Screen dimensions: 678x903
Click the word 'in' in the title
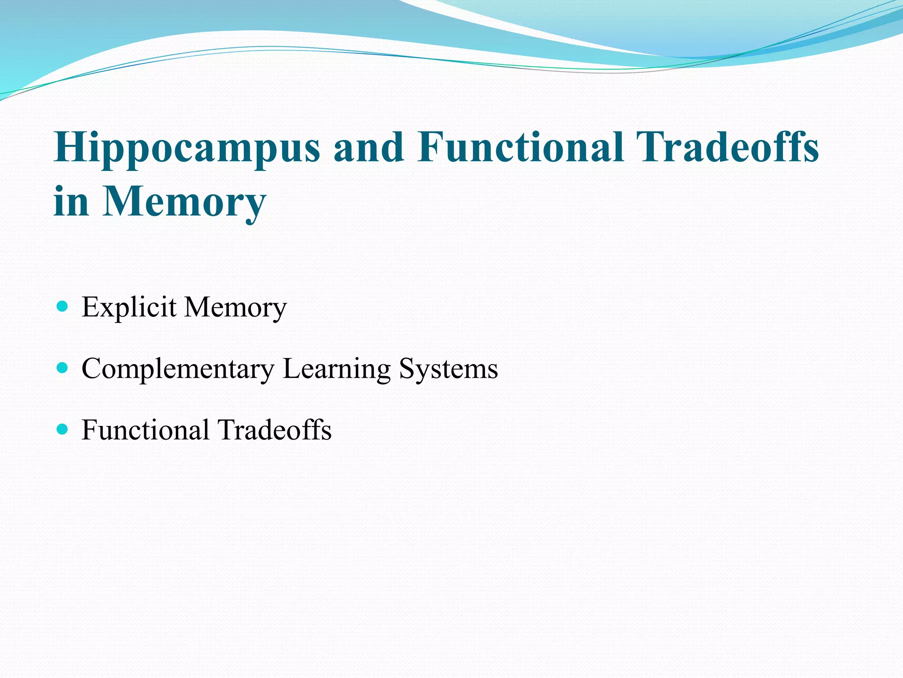coord(71,201)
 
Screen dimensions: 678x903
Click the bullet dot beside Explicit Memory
coord(63,306)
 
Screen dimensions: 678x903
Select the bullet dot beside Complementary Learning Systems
coord(63,367)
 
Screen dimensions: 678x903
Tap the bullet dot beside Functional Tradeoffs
coord(63,429)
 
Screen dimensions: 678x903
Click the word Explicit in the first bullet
coord(129,308)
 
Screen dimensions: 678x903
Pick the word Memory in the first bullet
coord(235,308)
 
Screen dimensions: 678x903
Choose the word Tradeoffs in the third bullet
coord(274,430)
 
